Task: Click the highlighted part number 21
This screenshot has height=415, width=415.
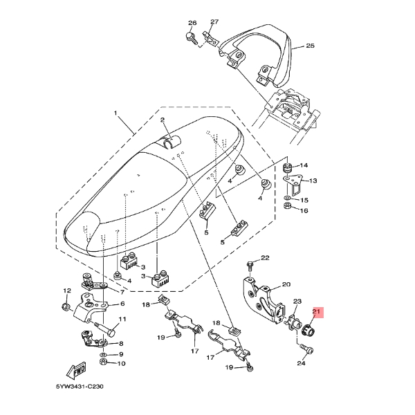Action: (x=317, y=313)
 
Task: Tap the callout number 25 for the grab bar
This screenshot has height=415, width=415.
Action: (x=310, y=46)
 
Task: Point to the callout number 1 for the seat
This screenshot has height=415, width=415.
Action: (x=116, y=112)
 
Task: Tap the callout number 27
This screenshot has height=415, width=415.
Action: (x=214, y=22)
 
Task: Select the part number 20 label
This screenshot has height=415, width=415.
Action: (x=306, y=284)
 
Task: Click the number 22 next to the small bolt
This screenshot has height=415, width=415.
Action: (x=265, y=259)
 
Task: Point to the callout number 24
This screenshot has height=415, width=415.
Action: (x=301, y=362)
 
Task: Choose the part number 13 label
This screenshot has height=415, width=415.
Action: (x=312, y=181)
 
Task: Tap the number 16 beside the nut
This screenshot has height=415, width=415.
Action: (x=302, y=210)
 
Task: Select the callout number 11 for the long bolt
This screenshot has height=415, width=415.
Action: (x=122, y=320)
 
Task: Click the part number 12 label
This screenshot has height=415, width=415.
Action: (x=67, y=290)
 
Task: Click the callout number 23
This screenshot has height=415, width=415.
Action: (x=298, y=302)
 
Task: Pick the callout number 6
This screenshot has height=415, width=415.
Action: (x=122, y=304)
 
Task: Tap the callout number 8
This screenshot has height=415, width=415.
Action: (x=122, y=343)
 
